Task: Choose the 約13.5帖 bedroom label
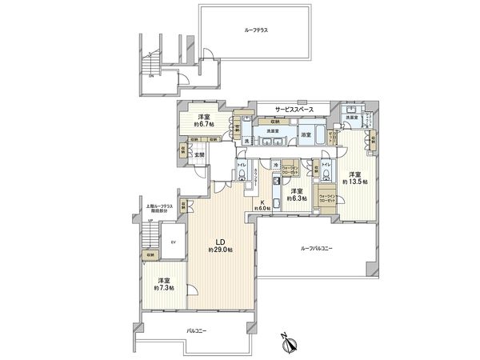(354, 178)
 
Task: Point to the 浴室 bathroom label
(306, 135)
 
